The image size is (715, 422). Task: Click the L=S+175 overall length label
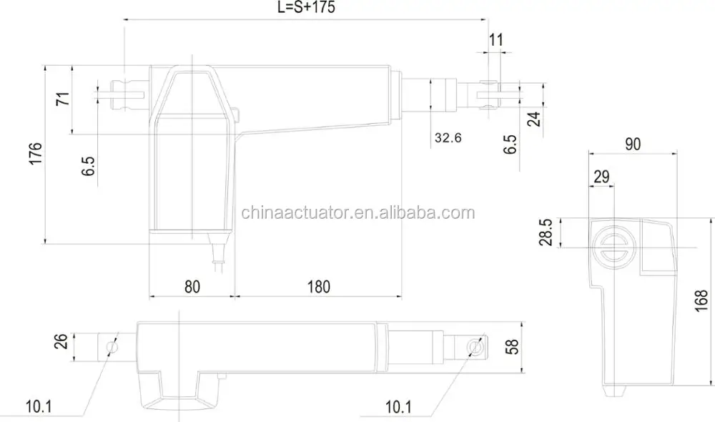pos(305,8)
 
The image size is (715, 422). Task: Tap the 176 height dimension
pos(36,155)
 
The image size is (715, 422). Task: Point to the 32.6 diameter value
pos(448,137)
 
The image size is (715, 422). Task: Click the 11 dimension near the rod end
pos(495,39)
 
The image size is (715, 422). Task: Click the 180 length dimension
pos(319,286)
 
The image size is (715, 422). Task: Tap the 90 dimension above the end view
pos(632,143)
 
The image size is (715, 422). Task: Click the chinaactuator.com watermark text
pos(357,212)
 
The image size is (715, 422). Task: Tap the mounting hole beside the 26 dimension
pos(111,346)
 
